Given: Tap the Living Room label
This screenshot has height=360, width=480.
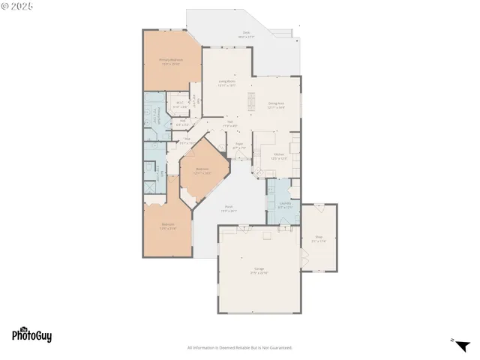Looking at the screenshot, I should pyautogui.click(x=227, y=83).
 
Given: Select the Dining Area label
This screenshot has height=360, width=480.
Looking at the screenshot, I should pyautogui.click(x=276, y=105).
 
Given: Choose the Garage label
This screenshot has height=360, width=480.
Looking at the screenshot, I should pyautogui.click(x=259, y=271).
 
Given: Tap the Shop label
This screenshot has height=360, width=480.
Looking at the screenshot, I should pyautogui.click(x=318, y=239).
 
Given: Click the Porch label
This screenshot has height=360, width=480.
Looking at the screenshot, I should pyautogui.click(x=229, y=209).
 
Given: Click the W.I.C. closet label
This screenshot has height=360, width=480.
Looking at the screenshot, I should pyautogui.click(x=180, y=105).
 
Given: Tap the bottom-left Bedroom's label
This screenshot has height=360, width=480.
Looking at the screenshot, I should pyautogui.click(x=168, y=226).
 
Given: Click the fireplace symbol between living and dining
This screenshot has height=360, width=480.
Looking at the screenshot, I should pyautogui.click(x=251, y=105).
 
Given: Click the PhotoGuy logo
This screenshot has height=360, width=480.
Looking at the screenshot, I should pyautogui.click(x=31, y=336).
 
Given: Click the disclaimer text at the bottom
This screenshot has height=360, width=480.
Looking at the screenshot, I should pyautogui.click(x=240, y=347).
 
